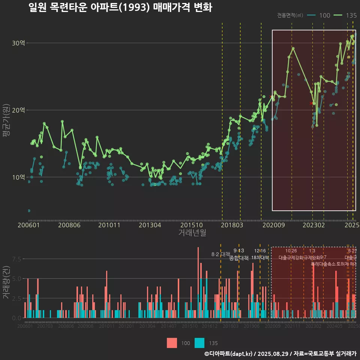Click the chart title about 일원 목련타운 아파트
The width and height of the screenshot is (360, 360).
coord(120,7)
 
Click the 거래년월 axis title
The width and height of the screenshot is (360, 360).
coord(192,233)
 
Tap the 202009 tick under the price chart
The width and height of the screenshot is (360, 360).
coord(273,225)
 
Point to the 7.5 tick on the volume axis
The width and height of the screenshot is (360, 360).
coord(17,259)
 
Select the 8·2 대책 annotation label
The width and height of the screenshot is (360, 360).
coord(220,254)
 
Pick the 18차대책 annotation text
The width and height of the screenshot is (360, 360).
coord(260,258)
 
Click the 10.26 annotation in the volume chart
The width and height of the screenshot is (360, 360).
coord(291,251)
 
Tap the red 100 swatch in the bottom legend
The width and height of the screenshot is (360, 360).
coord(172,343)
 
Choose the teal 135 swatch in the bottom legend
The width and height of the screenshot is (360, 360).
coord(199,343)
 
